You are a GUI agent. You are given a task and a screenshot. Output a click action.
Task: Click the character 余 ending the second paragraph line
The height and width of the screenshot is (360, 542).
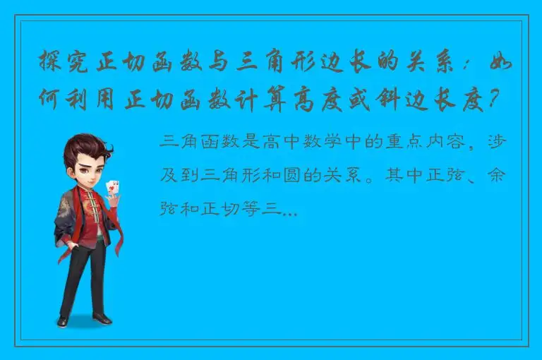496,174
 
